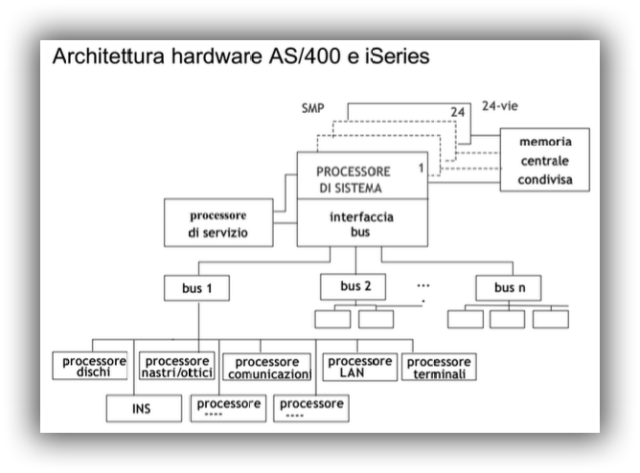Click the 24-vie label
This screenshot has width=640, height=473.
(502, 106)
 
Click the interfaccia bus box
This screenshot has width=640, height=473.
(360, 224)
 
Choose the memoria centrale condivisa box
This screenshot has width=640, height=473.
(544, 160)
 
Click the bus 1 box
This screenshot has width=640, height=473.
(195, 287)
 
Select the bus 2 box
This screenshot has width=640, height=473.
(355, 286)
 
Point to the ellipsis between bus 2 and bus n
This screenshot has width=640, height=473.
(423, 285)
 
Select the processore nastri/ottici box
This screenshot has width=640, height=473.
(176, 367)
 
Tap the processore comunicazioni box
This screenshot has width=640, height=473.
(267, 368)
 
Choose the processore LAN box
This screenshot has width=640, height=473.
(359, 367)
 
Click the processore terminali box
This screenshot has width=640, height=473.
(440, 367)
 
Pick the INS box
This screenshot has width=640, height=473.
(142, 409)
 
